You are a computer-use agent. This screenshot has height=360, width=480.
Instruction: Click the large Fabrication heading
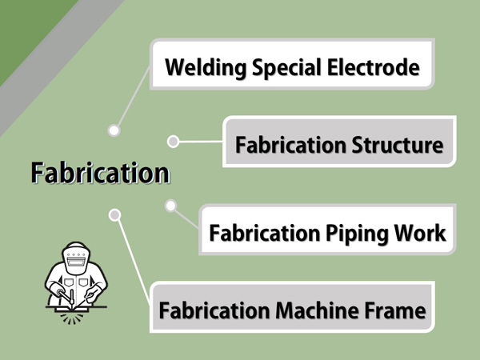click(101, 172)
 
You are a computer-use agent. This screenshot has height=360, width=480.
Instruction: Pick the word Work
click(420, 234)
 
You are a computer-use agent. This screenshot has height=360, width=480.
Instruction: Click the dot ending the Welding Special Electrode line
click(114, 130)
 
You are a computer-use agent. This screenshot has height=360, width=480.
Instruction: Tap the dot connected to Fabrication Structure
click(173, 142)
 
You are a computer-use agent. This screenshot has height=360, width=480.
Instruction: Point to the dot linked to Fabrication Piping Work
click(170, 206)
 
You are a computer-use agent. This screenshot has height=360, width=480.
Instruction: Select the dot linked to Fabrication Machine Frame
click(114, 214)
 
